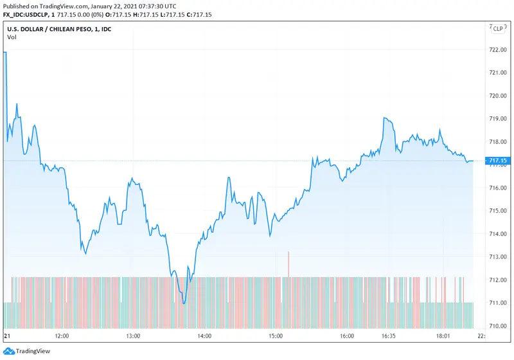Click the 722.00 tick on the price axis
coord(499,50)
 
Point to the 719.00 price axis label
coord(499,118)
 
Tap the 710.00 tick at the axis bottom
coord(499,326)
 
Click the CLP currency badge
coord(498,28)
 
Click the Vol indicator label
coord(12,37)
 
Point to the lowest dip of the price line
coord(184,303)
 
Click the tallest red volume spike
coord(289,264)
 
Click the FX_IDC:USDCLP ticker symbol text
coord(26,15)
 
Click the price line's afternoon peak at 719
coord(384,118)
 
